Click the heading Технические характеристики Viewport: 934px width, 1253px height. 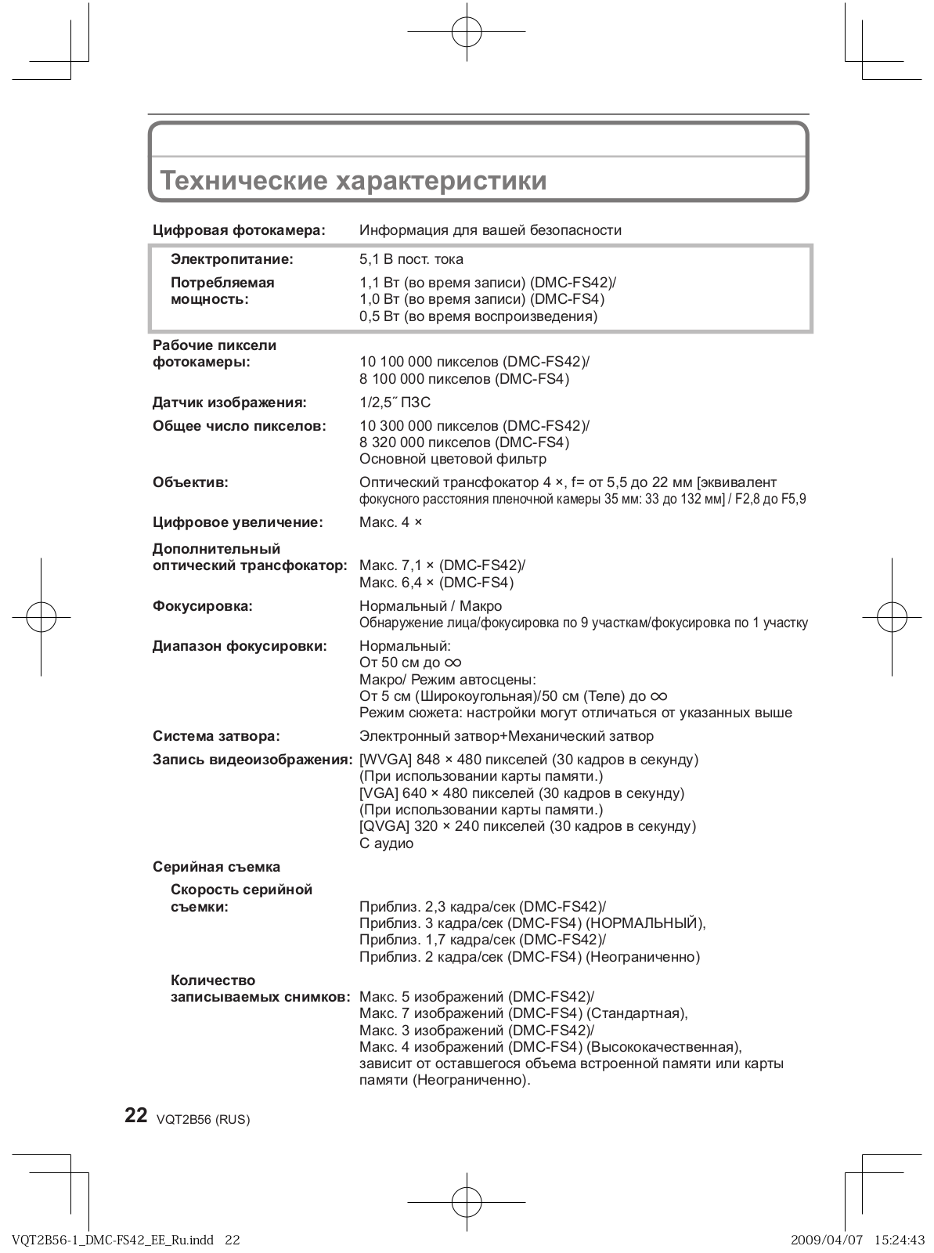(x=353, y=181)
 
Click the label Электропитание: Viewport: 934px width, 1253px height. (x=232, y=258)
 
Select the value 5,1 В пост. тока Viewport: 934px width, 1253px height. (x=411, y=259)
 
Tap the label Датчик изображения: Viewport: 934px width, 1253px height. (x=229, y=403)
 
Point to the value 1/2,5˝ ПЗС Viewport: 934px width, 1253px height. (x=395, y=403)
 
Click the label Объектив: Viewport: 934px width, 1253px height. (x=190, y=482)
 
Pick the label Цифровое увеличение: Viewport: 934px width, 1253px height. (x=237, y=522)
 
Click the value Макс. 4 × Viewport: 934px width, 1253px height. (x=391, y=522)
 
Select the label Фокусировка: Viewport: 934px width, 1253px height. (x=202, y=606)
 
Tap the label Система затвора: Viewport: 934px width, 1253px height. (x=216, y=736)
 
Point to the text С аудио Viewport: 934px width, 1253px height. (x=386, y=843)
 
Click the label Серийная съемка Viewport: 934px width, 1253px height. (x=216, y=867)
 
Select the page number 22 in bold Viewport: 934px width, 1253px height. (x=136, y=1116)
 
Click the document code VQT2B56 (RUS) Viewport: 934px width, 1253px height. (x=203, y=1120)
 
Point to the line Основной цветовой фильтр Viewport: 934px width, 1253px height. (x=453, y=459)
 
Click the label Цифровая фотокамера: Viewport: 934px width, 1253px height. (x=238, y=230)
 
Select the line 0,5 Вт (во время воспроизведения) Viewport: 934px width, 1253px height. (x=478, y=316)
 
